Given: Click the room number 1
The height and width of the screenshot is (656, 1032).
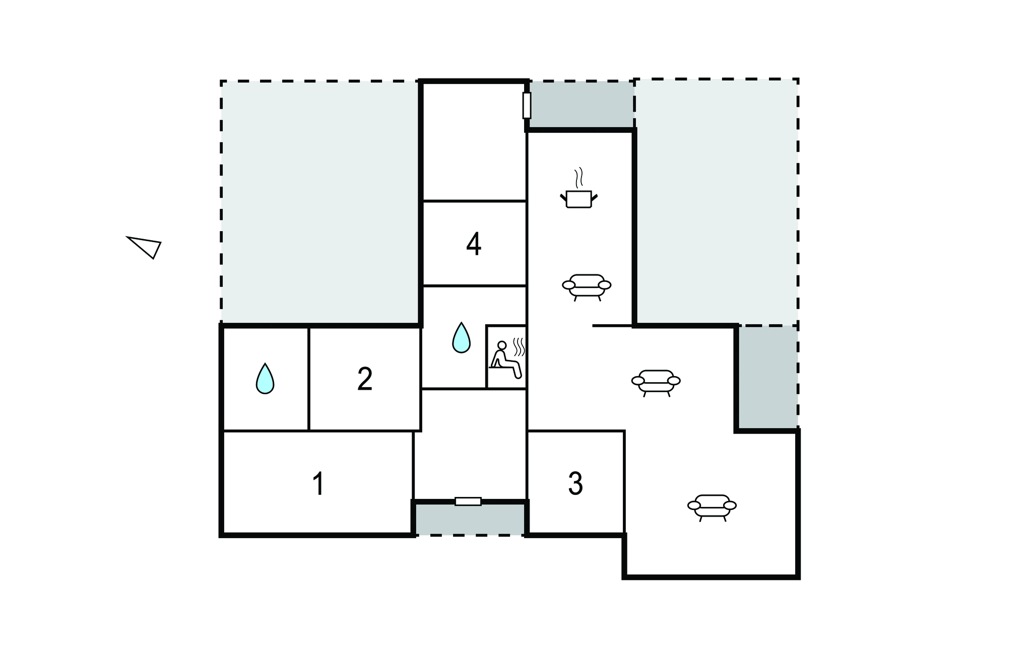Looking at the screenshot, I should [318, 484].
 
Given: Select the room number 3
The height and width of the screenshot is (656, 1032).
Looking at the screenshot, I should [575, 484].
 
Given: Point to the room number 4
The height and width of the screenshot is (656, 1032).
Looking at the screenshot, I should [474, 245].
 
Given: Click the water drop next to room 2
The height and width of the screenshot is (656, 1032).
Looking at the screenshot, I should [265, 378].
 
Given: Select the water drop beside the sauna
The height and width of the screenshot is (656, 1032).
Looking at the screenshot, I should [461, 337].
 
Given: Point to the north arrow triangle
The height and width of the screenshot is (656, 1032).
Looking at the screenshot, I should [145, 246].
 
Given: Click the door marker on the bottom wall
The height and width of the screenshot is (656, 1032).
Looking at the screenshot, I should [468, 501].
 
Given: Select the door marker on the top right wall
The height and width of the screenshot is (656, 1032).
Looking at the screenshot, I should [527, 105].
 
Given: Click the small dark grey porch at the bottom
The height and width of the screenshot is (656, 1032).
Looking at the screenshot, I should [469, 519].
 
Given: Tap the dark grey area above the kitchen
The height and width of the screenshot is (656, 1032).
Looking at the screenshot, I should [580, 104].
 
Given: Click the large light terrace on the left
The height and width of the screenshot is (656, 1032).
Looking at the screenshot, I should [319, 201].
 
